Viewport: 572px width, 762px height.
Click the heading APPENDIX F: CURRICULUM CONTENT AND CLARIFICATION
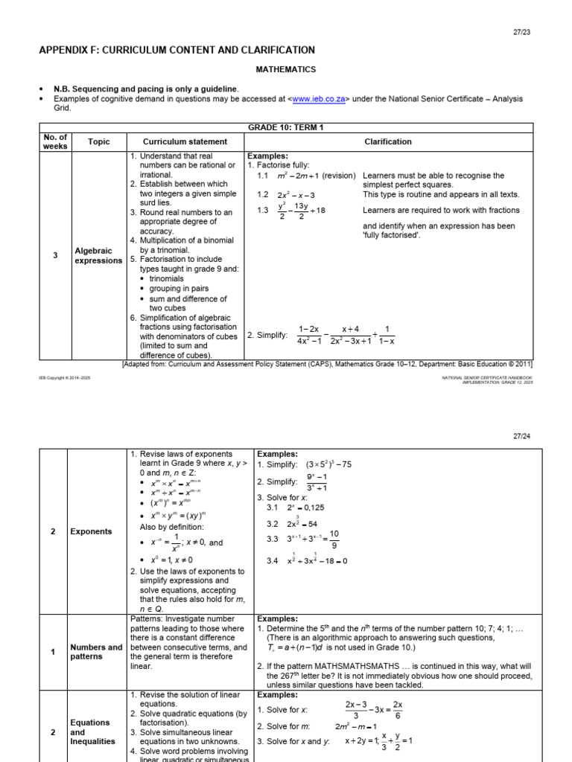(x=177, y=50)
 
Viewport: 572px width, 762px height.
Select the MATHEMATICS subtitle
(x=286, y=70)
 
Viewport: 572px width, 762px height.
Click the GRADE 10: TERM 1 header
(x=286, y=127)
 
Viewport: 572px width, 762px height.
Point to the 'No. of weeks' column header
(x=55, y=141)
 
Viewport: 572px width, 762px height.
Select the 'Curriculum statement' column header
(x=185, y=141)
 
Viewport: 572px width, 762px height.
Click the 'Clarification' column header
(x=387, y=141)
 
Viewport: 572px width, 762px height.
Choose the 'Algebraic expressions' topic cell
(x=98, y=256)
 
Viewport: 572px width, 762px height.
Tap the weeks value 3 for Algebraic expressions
(x=55, y=256)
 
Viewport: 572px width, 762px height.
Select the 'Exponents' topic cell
(x=91, y=531)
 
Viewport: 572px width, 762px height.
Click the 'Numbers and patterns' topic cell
(x=96, y=652)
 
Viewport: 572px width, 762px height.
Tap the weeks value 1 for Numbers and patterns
(x=53, y=653)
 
